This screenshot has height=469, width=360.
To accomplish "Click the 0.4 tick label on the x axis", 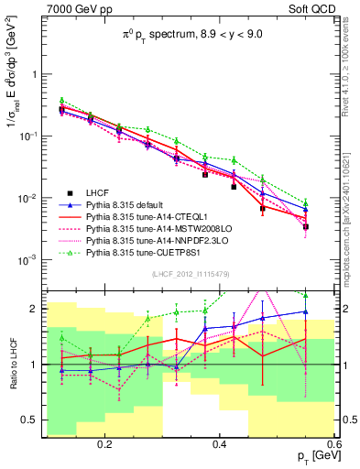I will pos(220,444).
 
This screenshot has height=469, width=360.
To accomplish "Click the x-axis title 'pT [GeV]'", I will pos(311,457).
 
